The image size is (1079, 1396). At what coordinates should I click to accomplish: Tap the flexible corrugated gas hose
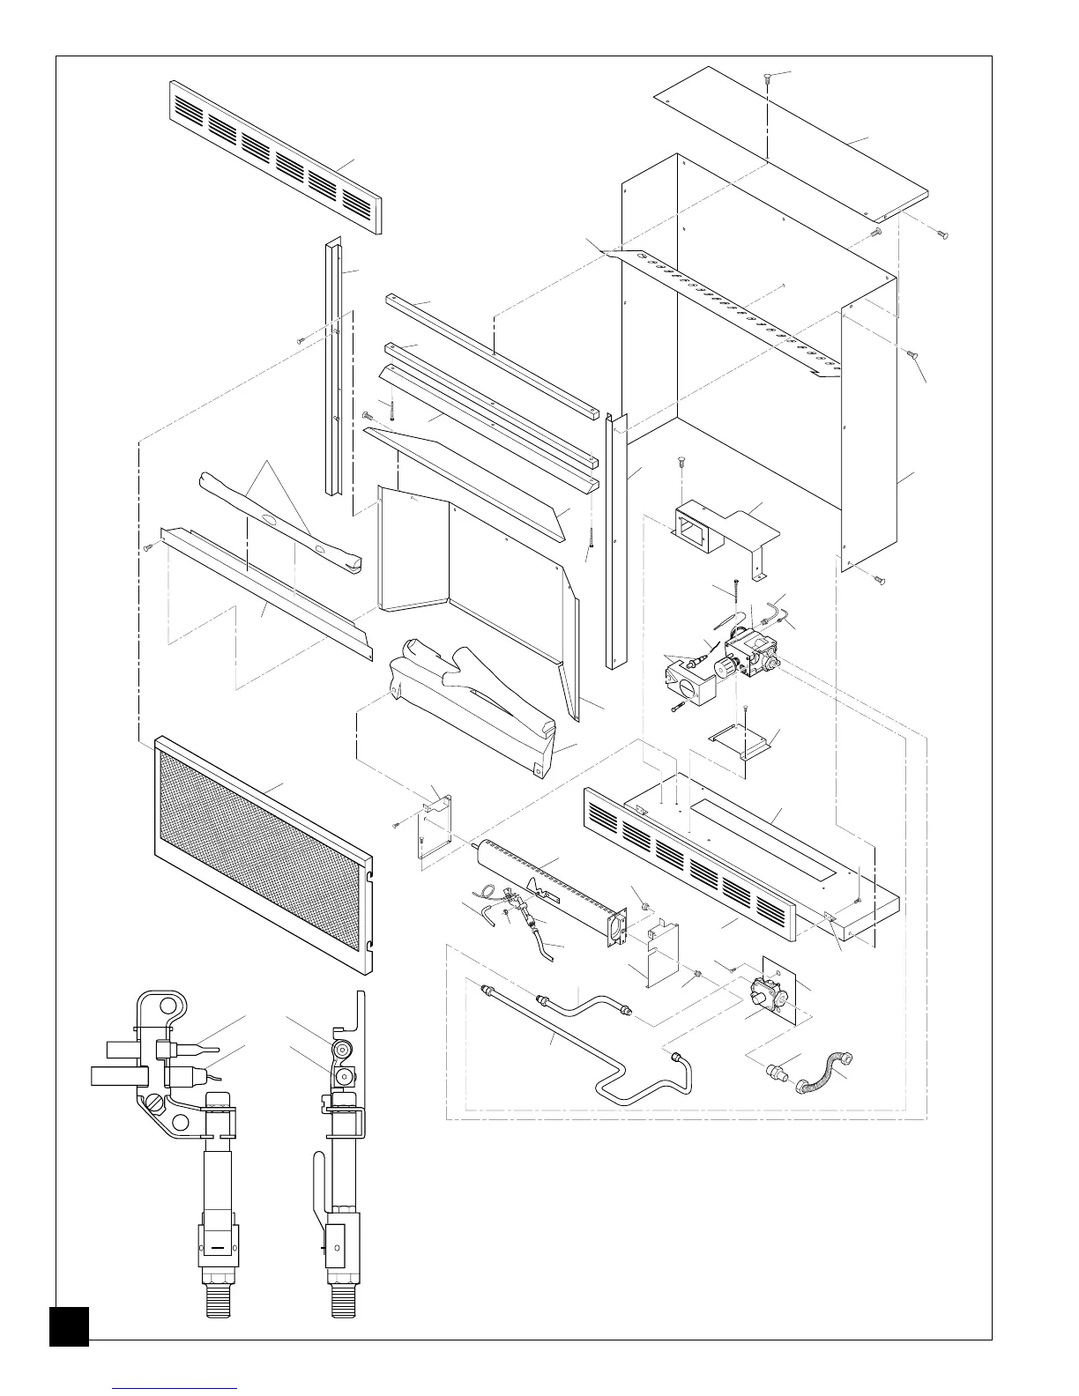[830, 1072]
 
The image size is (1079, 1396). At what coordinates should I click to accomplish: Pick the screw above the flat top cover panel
[769, 77]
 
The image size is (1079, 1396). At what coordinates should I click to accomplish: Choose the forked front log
[476, 696]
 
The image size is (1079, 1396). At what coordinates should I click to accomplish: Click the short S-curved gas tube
[582, 1004]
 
